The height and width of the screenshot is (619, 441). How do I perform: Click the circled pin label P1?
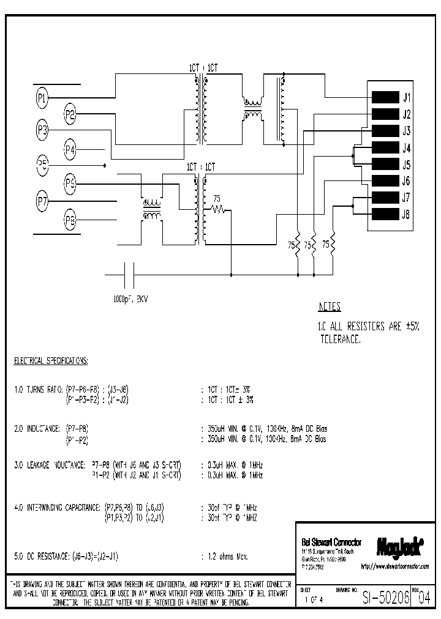click(42, 97)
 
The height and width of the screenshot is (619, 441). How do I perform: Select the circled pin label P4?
click(70, 149)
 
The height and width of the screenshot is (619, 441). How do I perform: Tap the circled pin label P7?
click(42, 200)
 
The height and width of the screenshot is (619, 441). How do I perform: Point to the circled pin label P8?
click(70, 220)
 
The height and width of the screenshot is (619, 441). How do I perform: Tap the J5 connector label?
click(406, 165)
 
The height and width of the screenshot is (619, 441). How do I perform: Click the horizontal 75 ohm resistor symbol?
click(218, 209)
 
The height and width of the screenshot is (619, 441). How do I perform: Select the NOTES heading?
click(330, 307)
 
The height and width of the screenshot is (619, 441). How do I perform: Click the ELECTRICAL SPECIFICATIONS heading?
click(51, 361)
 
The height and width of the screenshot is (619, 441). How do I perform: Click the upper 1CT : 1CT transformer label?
click(202, 69)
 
